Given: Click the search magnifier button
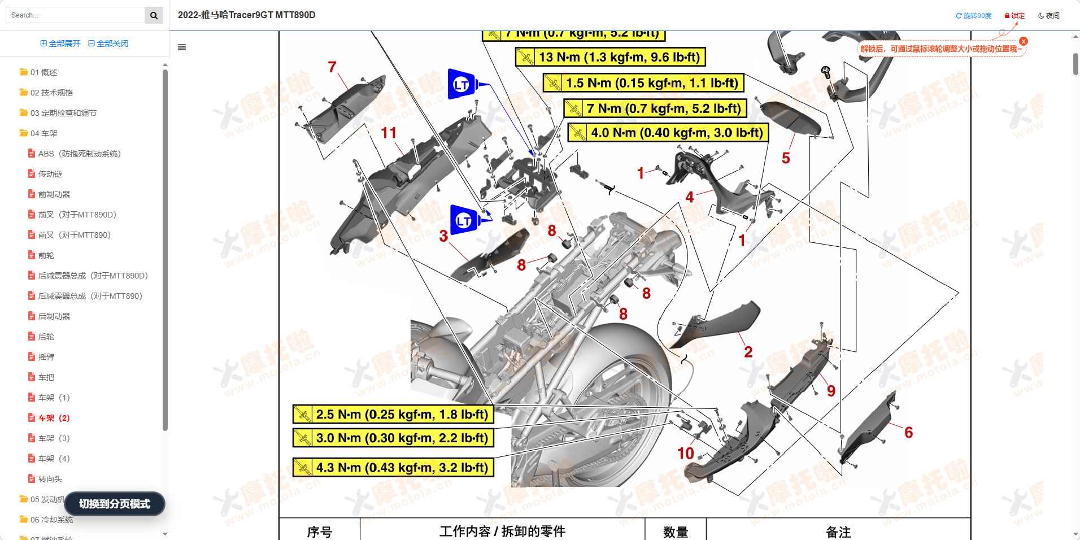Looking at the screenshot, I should [154, 15].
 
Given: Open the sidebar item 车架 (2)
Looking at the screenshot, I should [54, 418].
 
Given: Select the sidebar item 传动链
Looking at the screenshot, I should [50, 174].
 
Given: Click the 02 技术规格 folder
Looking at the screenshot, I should [51, 93].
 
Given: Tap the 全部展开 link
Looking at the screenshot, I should [60, 43].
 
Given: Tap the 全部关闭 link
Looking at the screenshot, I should [108, 43].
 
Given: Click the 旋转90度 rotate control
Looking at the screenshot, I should [973, 16].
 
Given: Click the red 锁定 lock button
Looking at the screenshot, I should [1014, 16].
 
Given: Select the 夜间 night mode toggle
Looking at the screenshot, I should [1049, 16].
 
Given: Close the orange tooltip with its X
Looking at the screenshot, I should [1024, 41].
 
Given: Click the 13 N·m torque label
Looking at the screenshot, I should [611, 57].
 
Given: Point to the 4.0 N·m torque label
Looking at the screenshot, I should [668, 133].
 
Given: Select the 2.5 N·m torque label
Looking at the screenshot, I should [393, 415].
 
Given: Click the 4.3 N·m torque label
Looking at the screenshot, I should [393, 468].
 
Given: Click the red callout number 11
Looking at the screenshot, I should [389, 133].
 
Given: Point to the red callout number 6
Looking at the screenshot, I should [908, 433].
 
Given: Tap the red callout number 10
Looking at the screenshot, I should [685, 454].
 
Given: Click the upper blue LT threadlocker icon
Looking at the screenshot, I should [462, 84].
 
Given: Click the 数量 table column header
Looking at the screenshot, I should [675, 532].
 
